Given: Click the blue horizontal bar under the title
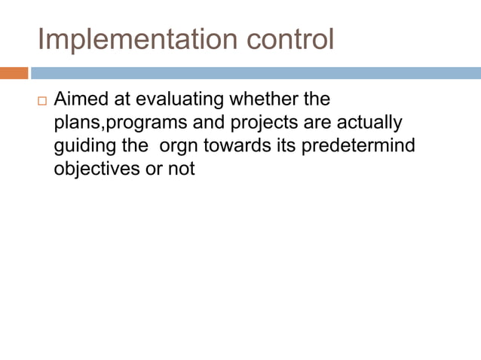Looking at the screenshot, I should (256, 73).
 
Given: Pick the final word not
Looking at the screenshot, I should (182, 169).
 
